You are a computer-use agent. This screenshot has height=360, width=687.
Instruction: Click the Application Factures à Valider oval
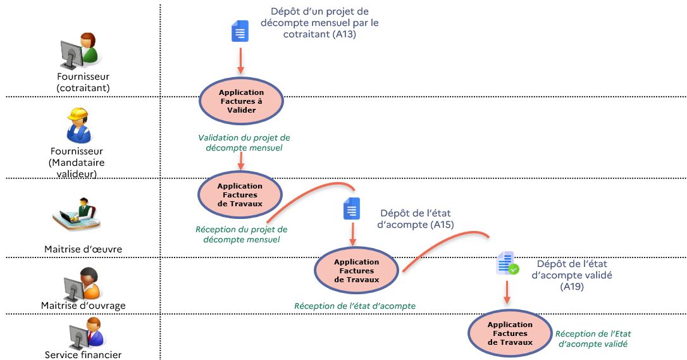click(241, 101)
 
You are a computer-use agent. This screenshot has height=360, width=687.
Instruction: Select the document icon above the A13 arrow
click(240, 32)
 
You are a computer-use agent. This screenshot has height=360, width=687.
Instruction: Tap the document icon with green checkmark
click(507, 263)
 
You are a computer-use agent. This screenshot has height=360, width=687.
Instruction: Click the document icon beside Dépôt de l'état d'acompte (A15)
click(352, 209)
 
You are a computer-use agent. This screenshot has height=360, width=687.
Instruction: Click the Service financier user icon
click(84, 333)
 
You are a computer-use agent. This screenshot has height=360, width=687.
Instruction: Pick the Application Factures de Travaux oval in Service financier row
click(510, 333)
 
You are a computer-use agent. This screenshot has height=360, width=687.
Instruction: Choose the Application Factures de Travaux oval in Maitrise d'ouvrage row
click(356, 270)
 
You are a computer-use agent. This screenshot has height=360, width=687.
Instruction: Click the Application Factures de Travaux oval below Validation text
click(240, 195)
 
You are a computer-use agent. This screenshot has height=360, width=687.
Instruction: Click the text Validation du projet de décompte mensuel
click(244, 142)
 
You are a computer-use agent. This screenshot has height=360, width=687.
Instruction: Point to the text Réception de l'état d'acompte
click(354, 306)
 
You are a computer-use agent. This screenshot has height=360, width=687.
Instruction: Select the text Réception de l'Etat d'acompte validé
click(593, 338)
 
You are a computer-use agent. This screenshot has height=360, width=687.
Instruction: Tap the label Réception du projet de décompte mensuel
click(241, 234)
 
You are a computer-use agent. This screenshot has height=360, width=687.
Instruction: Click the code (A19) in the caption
click(572, 287)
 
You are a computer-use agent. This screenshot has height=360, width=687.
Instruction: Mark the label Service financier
click(83, 354)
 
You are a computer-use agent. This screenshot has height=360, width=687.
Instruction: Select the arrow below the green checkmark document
click(507, 292)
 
